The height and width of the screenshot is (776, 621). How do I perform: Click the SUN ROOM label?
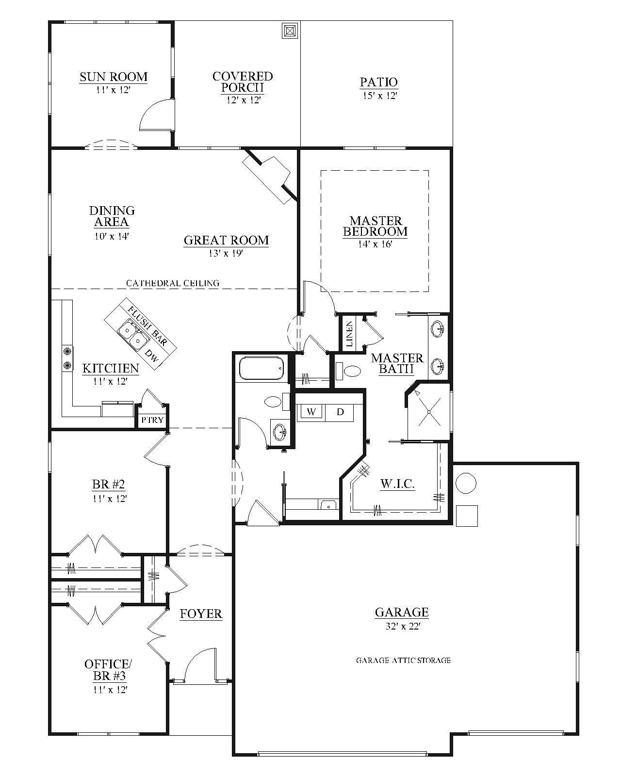pos(113,77)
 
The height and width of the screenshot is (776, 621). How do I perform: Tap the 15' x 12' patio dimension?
pos(379,96)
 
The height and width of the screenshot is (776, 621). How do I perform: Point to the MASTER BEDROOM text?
pos(376,226)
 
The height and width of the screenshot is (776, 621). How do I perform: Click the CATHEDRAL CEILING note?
pos(173,283)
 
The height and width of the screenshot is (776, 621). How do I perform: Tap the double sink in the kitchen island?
pos(132,334)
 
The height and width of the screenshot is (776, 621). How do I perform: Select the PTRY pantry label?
pos(152,420)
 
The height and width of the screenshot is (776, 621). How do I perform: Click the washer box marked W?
pos(311,412)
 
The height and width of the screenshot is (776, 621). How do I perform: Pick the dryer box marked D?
pos(340,412)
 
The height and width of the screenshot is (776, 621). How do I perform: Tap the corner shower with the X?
pos(429,411)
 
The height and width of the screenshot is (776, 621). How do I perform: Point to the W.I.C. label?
pos(397,484)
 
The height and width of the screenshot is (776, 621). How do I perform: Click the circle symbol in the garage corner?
pos(466,483)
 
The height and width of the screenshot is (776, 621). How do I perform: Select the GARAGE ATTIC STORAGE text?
pos(403,660)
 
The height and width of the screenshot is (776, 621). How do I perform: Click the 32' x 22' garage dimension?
pos(402,626)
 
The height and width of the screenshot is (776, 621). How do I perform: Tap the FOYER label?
pos(201,614)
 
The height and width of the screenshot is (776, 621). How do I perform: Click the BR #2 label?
pos(109,484)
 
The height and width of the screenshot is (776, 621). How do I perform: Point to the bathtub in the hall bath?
pos(261,369)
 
